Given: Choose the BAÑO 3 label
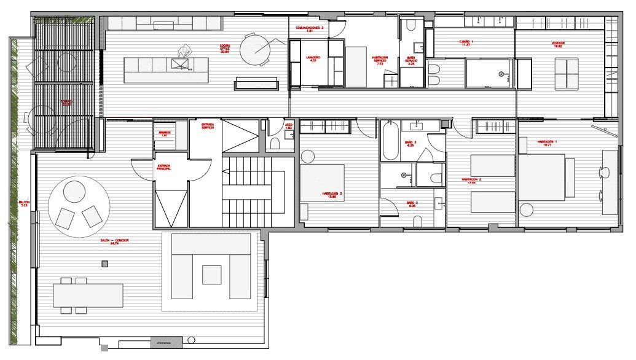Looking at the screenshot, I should coord(410,144).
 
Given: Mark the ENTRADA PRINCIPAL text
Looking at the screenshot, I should coord(163,167).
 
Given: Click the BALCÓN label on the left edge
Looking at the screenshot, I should coord(23,203).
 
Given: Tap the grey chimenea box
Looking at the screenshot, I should coord(166,342).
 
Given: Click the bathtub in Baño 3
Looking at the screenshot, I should coord(391,141).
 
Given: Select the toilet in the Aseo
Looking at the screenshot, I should coord(275,144).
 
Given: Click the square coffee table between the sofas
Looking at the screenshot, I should coord(212,274).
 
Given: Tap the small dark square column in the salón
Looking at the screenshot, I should coord(105,264).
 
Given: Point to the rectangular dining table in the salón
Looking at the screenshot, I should coord(88,295).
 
